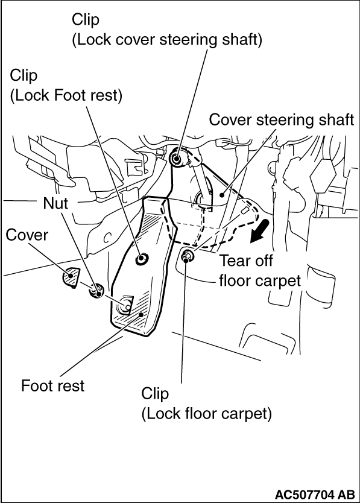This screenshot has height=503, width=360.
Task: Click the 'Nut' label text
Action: pyautogui.click(x=55, y=203)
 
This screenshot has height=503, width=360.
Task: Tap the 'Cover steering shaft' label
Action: pyautogui.click(x=282, y=120)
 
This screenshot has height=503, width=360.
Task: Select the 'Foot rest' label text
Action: pyautogui.click(x=52, y=385)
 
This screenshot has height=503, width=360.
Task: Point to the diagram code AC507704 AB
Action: pyautogui.click(x=315, y=493)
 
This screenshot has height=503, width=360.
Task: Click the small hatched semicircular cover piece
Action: pyautogui.click(x=71, y=277)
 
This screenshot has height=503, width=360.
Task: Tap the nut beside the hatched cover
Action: pyautogui.click(x=97, y=291)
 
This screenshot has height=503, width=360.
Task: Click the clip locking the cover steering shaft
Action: pyautogui.click(x=177, y=157)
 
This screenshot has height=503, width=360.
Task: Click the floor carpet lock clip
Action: pyautogui.click(x=186, y=256)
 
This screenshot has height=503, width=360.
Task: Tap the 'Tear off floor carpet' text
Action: pyautogui.click(x=260, y=270)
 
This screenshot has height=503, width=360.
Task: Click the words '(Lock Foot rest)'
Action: pyautogui.click(x=66, y=96)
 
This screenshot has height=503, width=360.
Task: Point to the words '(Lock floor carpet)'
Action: pyautogui.click(x=207, y=414)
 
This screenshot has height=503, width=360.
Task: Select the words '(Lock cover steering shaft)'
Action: pyautogui.click(x=167, y=40)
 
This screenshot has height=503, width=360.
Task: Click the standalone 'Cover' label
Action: pyautogui.click(x=27, y=235)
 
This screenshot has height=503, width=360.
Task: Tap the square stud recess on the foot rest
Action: pyautogui.click(x=125, y=305)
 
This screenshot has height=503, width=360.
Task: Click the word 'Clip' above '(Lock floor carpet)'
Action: pyautogui.click(x=155, y=394)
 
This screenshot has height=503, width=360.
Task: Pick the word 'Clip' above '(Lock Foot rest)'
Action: pyautogui.click(x=24, y=76)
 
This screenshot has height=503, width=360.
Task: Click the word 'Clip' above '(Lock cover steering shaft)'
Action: pyautogui.click(x=86, y=20)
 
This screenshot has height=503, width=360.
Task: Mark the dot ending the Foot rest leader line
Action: pyautogui.click(x=141, y=315)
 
